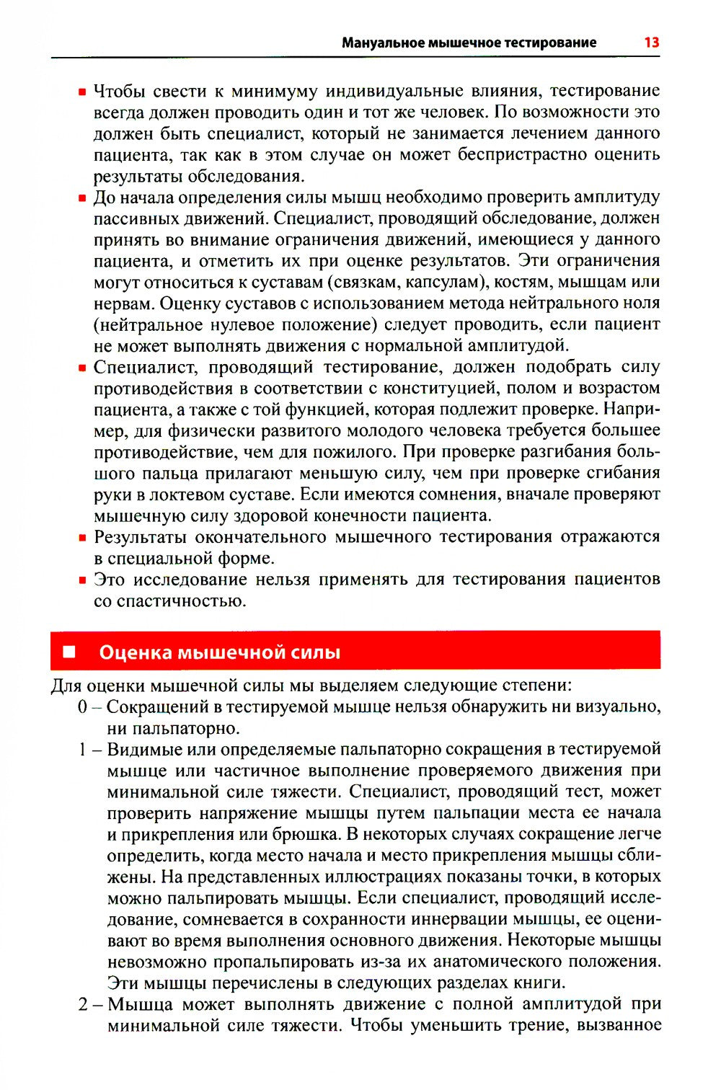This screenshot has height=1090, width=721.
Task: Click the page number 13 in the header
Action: pos(651,43)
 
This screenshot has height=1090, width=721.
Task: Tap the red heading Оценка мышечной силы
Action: pos(219,652)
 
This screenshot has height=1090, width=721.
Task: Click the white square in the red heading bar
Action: pos(69,652)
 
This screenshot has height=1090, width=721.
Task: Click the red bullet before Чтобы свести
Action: pos(83,92)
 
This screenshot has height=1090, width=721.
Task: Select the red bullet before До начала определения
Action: pos(83,198)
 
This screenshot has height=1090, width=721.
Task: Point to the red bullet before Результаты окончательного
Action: pos(83,538)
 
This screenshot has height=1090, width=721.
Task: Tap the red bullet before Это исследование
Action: pos(83,580)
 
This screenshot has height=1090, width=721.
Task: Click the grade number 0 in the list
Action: pos(83,707)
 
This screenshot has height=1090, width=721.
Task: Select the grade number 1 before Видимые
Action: pos(83,750)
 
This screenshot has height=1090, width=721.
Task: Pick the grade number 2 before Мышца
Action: pos(83,1004)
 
